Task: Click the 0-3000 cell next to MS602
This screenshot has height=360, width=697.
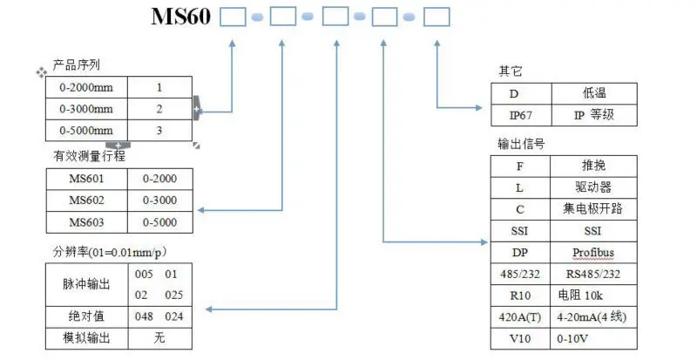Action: point(159,200)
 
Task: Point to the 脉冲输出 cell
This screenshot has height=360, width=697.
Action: point(87,283)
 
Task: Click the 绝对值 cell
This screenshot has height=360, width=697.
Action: point(87,316)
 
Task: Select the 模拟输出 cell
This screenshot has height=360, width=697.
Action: point(87,336)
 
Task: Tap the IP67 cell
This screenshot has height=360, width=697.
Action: point(519,115)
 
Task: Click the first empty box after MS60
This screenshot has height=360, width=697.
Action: point(233,17)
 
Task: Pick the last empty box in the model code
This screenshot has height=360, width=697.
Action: point(437,17)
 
